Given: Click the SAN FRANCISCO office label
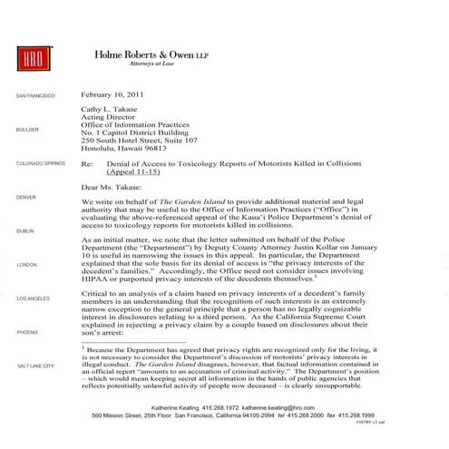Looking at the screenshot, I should click(34, 95).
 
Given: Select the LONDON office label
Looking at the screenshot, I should click(24, 264).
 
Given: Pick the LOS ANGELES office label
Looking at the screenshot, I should click(34, 298).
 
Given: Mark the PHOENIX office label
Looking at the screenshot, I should click(26, 332).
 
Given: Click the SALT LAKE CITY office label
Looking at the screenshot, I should click(35, 366).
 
